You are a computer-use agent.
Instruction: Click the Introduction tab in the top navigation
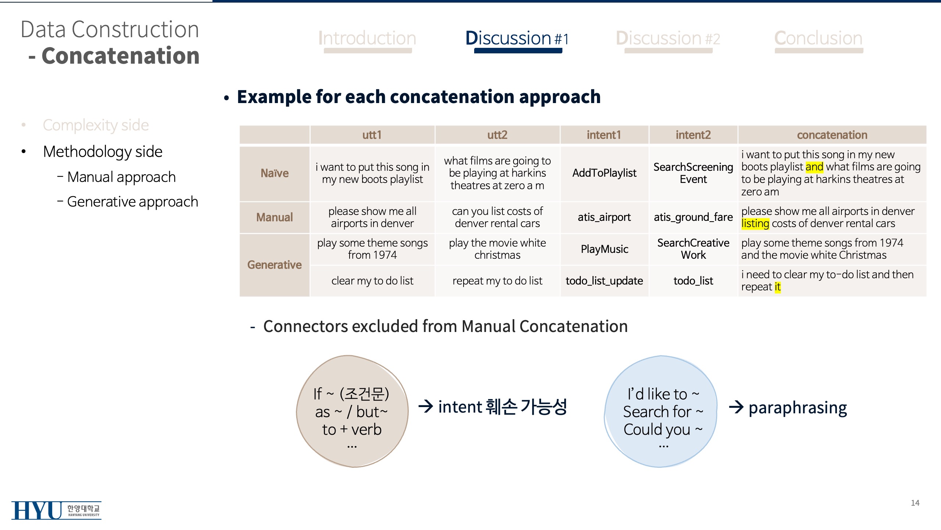367,38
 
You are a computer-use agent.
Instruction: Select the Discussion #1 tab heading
517,38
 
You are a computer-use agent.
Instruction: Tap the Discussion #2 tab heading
668,38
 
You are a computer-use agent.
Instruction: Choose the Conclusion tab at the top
819,38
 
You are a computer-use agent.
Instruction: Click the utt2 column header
497,135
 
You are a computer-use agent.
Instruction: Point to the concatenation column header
832,135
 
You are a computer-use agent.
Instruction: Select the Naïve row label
275,173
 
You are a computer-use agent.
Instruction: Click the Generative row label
275,265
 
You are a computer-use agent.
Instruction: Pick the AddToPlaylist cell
604,173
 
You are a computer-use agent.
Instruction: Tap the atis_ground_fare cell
693,217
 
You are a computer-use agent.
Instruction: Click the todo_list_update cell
604,281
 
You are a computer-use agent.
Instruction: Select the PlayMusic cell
604,249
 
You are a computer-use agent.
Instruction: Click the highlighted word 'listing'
755,223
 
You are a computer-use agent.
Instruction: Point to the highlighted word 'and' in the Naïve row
814,167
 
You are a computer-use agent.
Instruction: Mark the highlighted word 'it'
777,287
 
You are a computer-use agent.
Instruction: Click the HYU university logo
56,510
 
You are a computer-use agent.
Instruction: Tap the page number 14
915,503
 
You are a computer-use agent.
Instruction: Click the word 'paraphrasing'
798,407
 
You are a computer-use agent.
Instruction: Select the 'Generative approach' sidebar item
132,202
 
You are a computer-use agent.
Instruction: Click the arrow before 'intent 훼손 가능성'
426,406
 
